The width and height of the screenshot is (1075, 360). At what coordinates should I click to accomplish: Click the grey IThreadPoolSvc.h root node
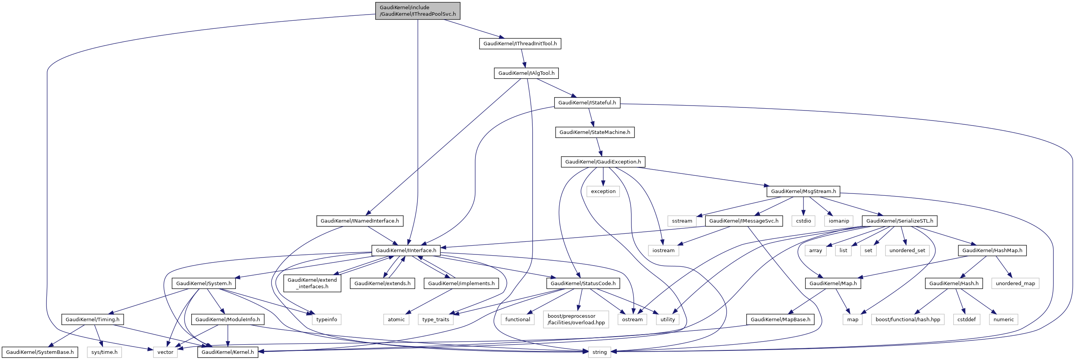[417, 11]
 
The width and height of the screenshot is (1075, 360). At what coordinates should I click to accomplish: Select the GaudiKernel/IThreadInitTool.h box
[520, 43]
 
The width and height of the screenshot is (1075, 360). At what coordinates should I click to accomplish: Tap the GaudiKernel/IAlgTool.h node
[526, 73]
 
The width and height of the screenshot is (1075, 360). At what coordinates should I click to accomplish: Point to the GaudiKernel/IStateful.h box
[587, 102]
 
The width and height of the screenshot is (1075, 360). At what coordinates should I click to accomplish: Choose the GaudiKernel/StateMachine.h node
[595, 132]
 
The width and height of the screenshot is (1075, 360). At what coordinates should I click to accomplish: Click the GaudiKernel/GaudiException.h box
[603, 162]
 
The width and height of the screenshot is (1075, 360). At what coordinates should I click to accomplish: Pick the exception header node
[603, 192]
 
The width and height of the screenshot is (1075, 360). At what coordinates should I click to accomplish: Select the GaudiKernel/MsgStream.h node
[803, 192]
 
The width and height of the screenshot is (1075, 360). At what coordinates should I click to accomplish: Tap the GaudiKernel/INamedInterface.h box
[359, 221]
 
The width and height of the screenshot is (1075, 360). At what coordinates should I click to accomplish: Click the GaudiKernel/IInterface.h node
[406, 251]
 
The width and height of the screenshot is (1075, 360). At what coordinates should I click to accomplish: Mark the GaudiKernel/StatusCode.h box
[583, 284]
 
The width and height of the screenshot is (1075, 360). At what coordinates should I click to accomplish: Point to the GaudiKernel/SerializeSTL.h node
[899, 221]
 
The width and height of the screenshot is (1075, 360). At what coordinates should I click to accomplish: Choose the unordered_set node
[907, 251]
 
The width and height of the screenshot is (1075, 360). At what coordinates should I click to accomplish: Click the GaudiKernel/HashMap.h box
[992, 251]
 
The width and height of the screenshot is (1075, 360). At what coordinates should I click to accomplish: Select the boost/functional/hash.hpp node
[907, 320]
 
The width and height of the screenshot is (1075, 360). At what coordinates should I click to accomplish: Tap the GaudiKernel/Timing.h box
[92, 320]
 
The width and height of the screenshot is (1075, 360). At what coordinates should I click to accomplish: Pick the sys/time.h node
[104, 352]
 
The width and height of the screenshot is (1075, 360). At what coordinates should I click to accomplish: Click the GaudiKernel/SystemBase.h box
[40, 352]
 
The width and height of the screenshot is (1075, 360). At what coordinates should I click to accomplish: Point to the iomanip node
[838, 221]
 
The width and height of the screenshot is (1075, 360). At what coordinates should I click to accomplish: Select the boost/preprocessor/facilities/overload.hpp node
[576, 320]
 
